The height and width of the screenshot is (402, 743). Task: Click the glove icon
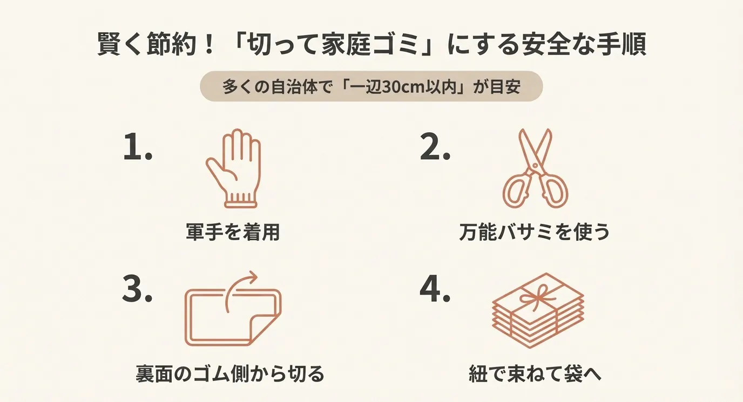pyautogui.click(x=233, y=168)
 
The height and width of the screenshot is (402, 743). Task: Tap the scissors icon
pyautogui.click(x=535, y=168)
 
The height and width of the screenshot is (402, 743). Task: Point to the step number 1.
pyautogui.click(x=137, y=147)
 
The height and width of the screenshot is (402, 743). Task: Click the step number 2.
pyautogui.click(x=435, y=147)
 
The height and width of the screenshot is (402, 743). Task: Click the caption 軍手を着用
pyautogui.click(x=233, y=232)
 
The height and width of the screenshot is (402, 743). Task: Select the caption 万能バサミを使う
pyautogui.click(x=535, y=232)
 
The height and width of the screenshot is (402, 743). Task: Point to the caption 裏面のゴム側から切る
pyautogui.click(x=230, y=373)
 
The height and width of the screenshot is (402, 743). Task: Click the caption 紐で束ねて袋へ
pyautogui.click(x=535, y=373)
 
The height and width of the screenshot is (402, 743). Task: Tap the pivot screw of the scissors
pyautogui.click(x=535, y=166)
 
